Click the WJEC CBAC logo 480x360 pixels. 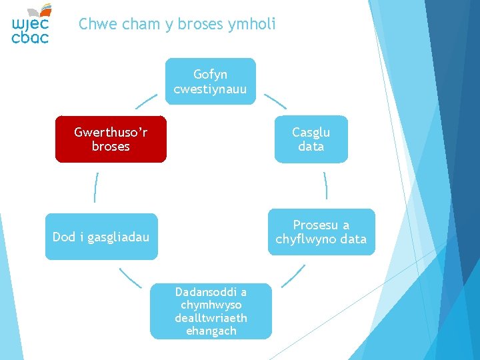point(31,24)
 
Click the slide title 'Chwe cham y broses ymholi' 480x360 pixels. point(177,25)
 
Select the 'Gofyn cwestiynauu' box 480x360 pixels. point(210,81)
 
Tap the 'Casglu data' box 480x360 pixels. point(311,139)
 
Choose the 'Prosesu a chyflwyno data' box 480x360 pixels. point(321,232)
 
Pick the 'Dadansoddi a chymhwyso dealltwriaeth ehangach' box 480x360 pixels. point(211,311)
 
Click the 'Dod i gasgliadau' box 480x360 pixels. point(101,237)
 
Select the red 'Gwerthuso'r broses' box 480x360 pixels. point(111,139)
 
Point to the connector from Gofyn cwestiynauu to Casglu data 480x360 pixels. point(275,101)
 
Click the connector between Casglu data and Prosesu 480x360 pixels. point(325,185)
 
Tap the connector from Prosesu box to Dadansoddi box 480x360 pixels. point(293,276)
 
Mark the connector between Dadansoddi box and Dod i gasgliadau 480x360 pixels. point(131,277)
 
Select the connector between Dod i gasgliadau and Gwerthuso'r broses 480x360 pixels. point(96,187)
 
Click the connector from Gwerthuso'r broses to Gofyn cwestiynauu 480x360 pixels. point(147,101)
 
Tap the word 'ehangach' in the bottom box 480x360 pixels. point(211,331)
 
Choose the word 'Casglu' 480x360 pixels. point(311,132)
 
